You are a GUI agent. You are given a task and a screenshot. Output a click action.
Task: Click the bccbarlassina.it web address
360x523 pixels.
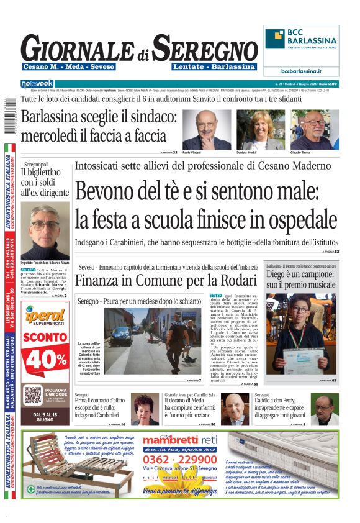coord(301,71)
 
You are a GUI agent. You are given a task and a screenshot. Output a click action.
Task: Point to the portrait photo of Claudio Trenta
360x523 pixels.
coord(315,130)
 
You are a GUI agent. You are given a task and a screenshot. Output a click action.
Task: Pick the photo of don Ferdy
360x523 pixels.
coord(323,409)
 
